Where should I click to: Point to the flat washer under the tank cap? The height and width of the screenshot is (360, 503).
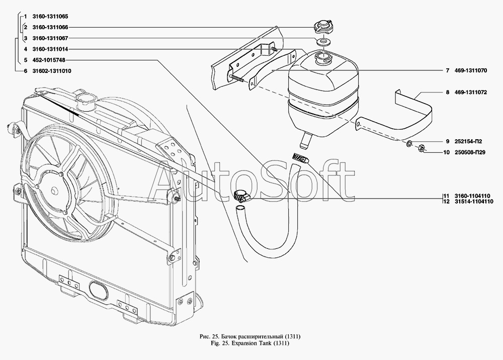(323, 40)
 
